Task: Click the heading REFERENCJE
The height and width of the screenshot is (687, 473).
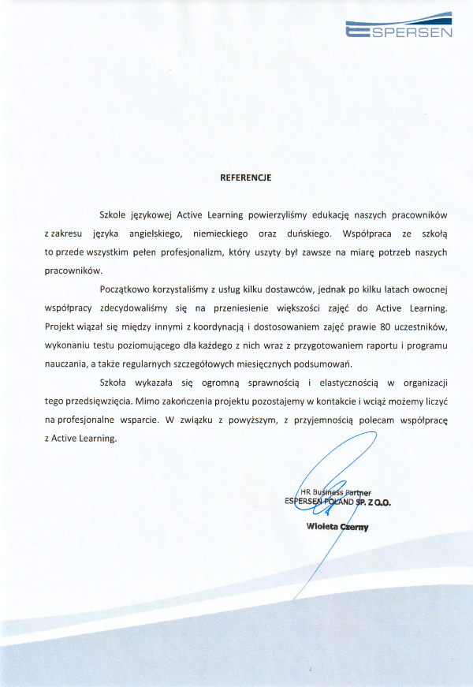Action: [x=245, y=177]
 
